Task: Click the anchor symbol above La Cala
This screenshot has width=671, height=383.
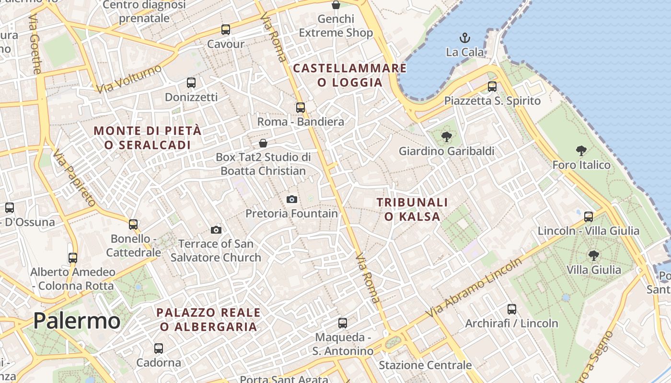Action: tap(464, 37)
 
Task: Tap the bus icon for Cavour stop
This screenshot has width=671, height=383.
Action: tap(225, 30)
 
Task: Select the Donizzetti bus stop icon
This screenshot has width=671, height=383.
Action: tap(191, 82)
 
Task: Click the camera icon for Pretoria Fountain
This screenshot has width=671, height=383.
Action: tap(291, 199)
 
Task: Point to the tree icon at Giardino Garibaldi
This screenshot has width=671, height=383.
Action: tap(446, 137)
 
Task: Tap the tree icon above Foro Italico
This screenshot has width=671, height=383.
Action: tap(581, 151)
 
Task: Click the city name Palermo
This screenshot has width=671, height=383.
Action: tap(77, 320)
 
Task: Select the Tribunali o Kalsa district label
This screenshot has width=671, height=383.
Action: tap(412, 210)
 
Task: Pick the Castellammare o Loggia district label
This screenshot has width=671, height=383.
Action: tap(350, 75)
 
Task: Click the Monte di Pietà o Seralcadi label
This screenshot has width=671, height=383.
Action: tap(147, 137)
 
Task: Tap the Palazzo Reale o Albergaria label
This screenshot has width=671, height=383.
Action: tap(208, 320)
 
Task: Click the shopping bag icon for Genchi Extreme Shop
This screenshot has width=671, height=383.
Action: tap(336, 5)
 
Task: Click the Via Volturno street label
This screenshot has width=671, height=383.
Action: tap(129, 79)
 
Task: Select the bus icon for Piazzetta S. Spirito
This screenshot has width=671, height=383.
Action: tap(492, 87)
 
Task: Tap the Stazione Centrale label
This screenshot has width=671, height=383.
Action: tap(425, 365)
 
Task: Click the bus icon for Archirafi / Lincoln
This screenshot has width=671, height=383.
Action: tap(511, 309)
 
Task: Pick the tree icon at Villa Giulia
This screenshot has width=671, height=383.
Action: tap(593, 256)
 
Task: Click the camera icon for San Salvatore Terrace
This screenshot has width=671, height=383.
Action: tap(216, 230)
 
